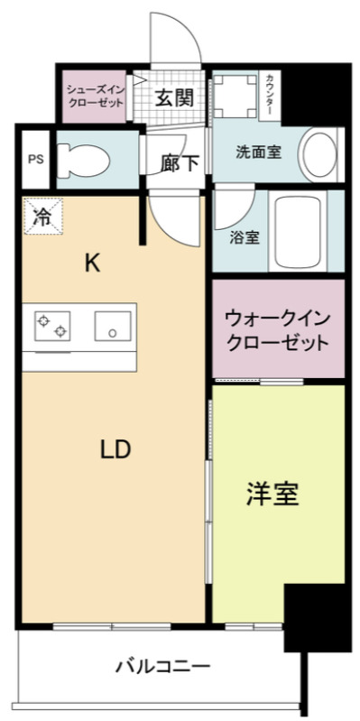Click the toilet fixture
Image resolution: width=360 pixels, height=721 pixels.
coord(87,160)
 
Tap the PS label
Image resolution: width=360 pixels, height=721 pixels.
coord(35,160)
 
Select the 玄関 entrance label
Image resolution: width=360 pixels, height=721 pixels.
coord(174,98)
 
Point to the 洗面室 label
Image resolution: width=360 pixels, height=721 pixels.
coord(258,152)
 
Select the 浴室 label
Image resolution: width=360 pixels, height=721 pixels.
coord(245,239)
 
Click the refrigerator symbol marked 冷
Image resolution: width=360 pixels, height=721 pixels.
coord(42,217)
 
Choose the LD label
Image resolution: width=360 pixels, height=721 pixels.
coord(115,448)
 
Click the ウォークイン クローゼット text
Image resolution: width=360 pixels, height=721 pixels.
coord(277,330)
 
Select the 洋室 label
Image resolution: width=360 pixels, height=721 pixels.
coord(272,494)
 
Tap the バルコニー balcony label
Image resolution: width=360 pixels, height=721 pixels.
coord(162,668)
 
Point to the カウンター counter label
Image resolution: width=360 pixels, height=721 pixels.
coord(272,96)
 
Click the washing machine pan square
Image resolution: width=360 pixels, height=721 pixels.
coord(233,96)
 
